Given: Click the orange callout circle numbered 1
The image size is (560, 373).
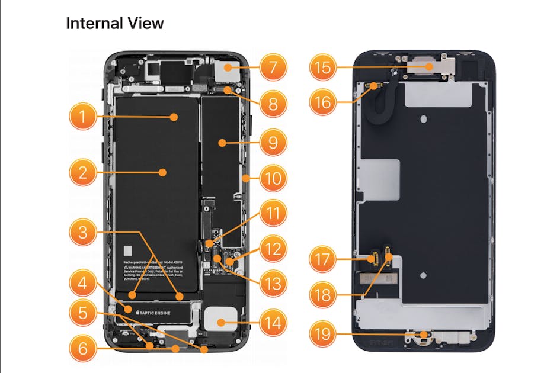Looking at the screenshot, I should (83, 117).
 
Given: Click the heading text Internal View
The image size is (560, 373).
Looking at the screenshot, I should (114, 24).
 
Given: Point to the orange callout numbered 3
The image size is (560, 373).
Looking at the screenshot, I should (83, 232).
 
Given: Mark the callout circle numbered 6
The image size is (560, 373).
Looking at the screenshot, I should (83, 349).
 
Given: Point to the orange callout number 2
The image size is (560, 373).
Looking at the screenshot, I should (83, 173).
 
